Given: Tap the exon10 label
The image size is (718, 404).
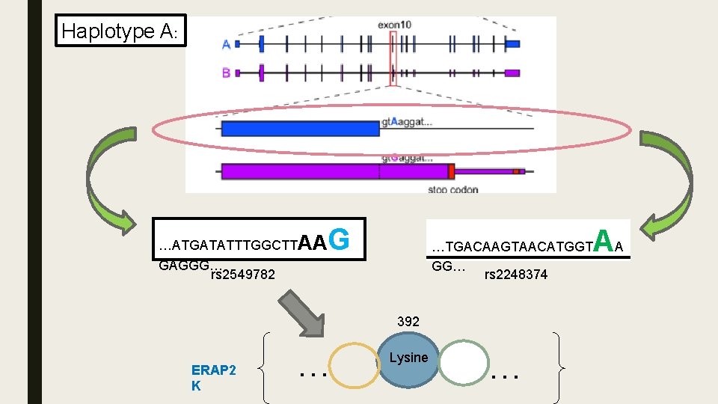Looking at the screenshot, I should pyautogui.click(x=394, y=24).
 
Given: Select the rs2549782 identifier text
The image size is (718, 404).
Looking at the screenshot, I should pyautogui.click(x=243, y=275).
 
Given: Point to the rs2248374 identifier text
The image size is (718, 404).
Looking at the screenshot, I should pyautogui.click(x=516, y=275).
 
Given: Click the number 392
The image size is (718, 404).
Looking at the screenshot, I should pyautogui.click(x=408, y=321).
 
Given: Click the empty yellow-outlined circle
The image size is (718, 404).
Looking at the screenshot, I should pyautogui.click(x=355, y=366).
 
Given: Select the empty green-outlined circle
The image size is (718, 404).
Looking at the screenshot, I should pyautogui.click(x=464, y=364).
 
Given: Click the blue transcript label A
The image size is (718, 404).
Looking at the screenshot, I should pyautogui.click(x=226, y=44).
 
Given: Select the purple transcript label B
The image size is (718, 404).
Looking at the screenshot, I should pyautogui.click(x=226, y=73).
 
